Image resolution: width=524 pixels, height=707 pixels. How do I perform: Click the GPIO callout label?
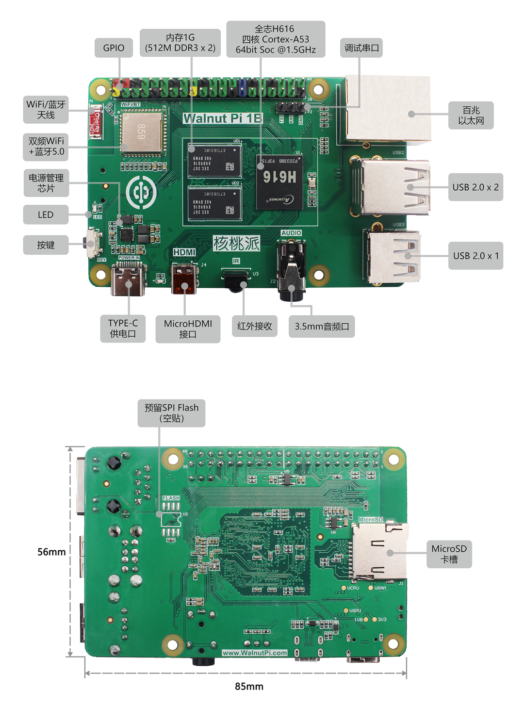(114, 48)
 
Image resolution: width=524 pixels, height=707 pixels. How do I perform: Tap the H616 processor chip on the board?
(279, 181)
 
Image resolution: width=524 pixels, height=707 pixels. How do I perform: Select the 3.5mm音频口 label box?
(322, 327)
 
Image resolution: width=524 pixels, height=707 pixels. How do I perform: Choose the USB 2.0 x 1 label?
(475, 256)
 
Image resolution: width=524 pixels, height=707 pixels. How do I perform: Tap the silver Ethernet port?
(388, 110)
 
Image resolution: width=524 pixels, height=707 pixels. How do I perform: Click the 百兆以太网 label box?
(471, 115)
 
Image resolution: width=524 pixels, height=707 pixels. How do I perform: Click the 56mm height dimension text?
(51, 552)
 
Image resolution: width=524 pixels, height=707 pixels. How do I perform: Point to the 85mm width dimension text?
(249, 686)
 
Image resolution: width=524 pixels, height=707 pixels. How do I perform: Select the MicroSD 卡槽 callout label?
(449, 554)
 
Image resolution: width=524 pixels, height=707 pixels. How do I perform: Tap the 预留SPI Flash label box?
(171, 413)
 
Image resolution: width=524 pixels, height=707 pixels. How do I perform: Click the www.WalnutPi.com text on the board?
(255, 653)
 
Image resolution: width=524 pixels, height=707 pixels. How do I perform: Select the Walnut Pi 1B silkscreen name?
(222, 118)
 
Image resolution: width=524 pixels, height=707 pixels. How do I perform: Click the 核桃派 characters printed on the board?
(236, 243)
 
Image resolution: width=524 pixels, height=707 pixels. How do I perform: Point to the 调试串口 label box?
(361, 48)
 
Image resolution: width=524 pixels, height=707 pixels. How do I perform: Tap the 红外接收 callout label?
(254, 326)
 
